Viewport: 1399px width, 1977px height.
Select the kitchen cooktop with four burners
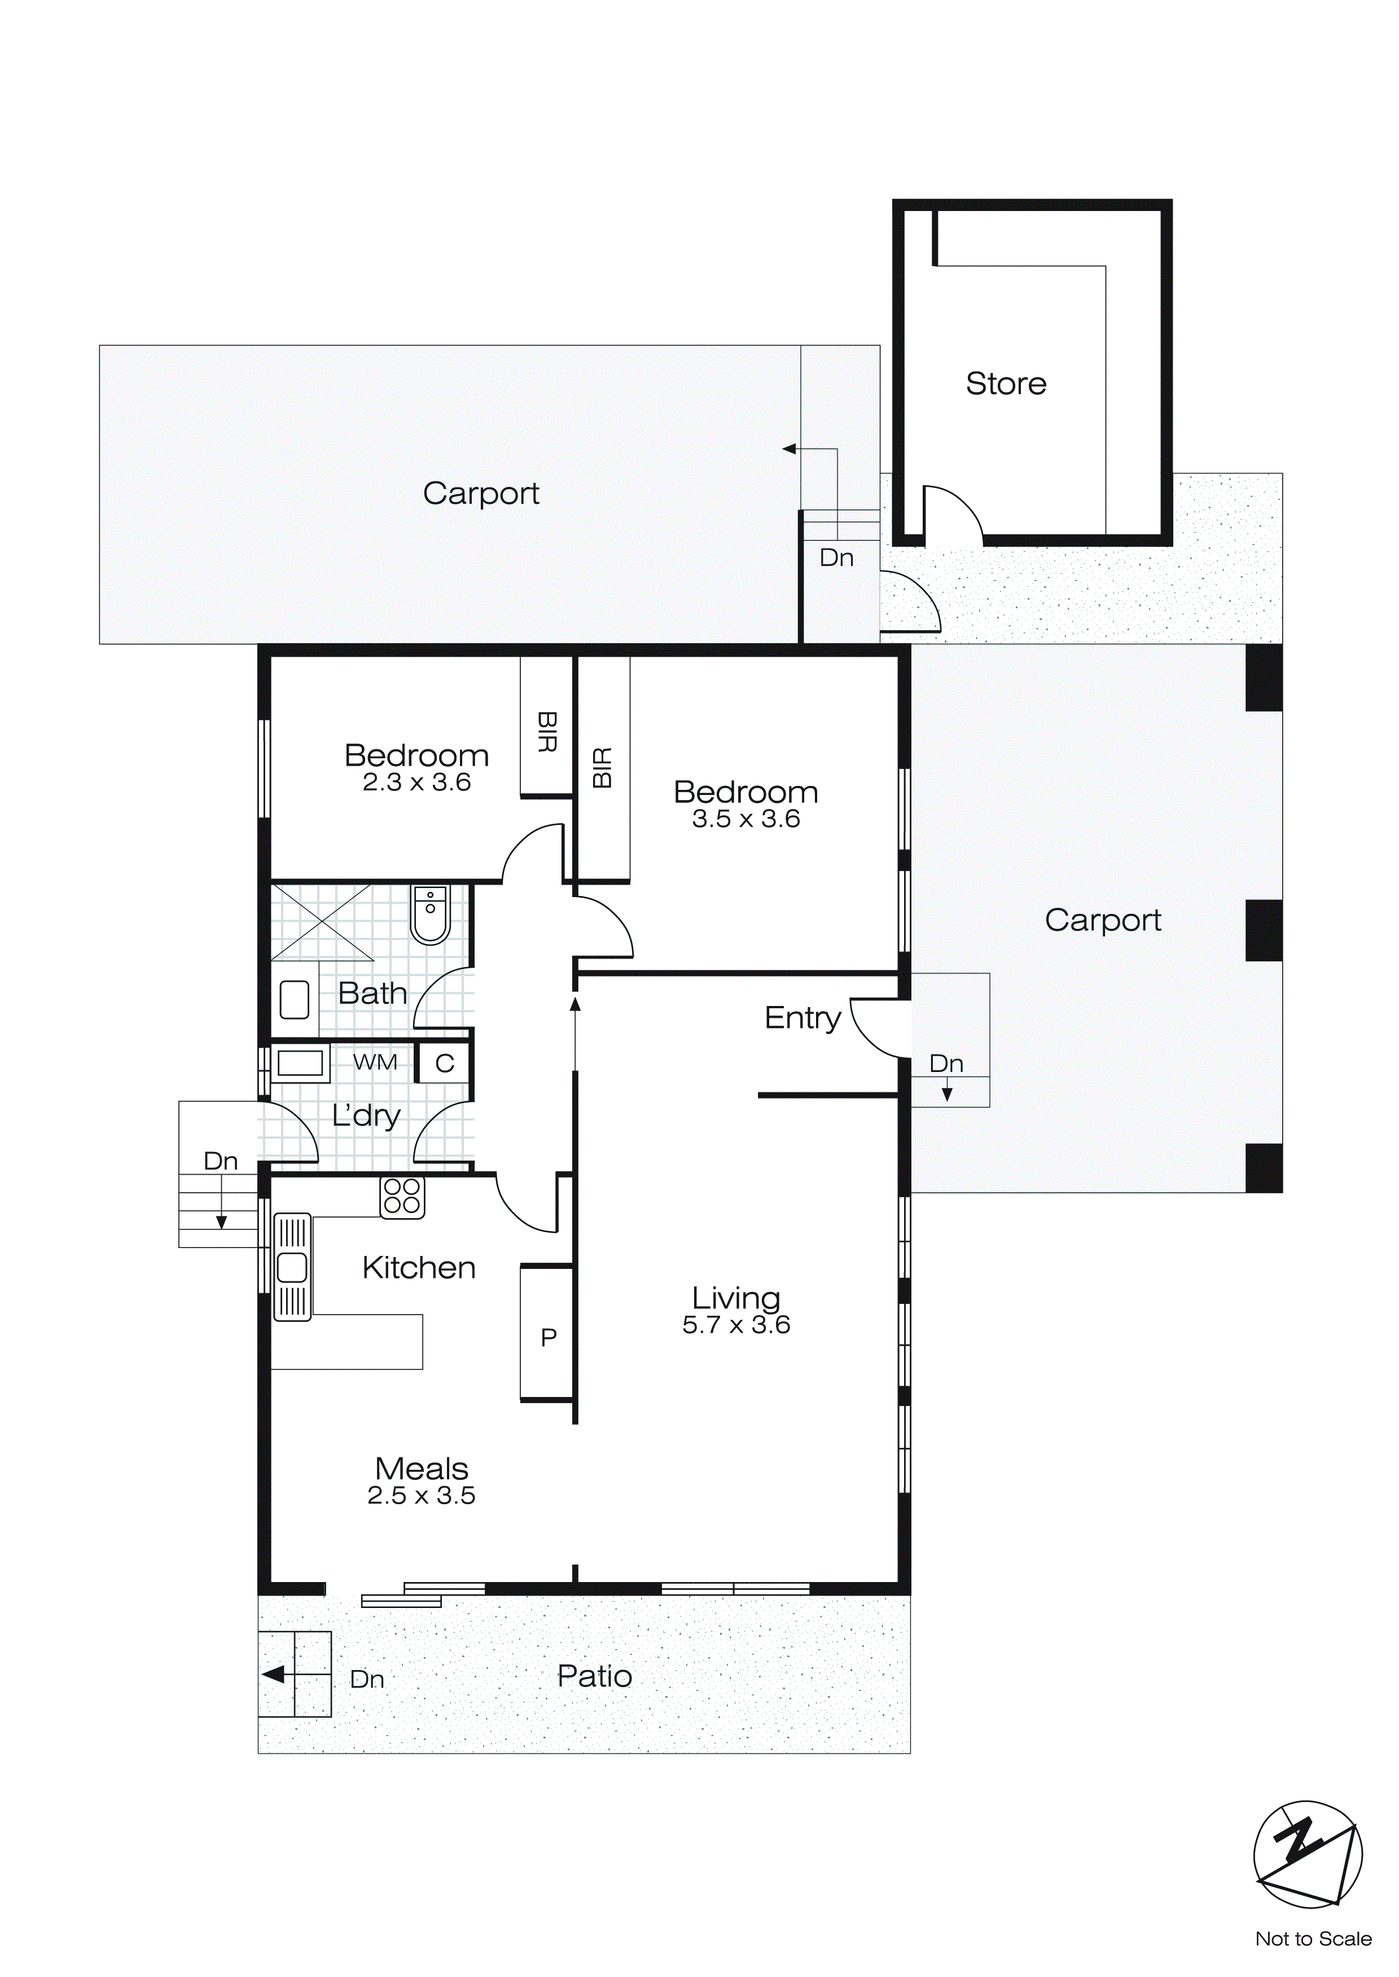(402, 1196)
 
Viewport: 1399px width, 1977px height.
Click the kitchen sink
(292, 1267)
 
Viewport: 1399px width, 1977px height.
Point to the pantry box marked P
(548, 1337)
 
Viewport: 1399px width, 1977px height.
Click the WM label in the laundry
(376, 1062)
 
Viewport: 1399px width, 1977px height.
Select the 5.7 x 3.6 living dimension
(736, 1325)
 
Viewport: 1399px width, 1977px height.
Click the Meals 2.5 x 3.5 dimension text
(421, 1496)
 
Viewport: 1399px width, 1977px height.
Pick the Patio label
(594, 1676)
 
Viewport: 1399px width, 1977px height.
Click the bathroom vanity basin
(295, 1000)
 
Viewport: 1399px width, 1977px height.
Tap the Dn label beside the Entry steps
(946, 1064)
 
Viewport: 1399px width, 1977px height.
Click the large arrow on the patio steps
(274, 1675)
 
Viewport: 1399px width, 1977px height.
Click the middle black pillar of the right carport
(1264, 930)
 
